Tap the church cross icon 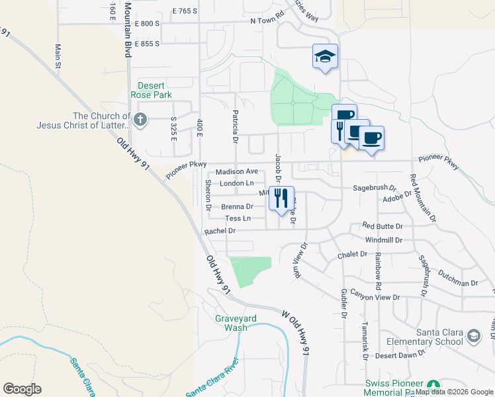pyautogui.click(x=140, y=120)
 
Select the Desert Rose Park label pyautogui.click(x=155, y=90)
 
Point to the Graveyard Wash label pyautogui.click(x=231, y=322)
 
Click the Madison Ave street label pyautogui.click(x=237, y=171)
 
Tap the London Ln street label pyautogui.click(x=236, y=183)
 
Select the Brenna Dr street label pyautogui.click(x=237, y=206)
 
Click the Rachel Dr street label pyautogui.click(x=220, y=231)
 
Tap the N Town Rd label pyautogui.click(x=267, y=21)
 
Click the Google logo pyautogui.click(x=22, y=389)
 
